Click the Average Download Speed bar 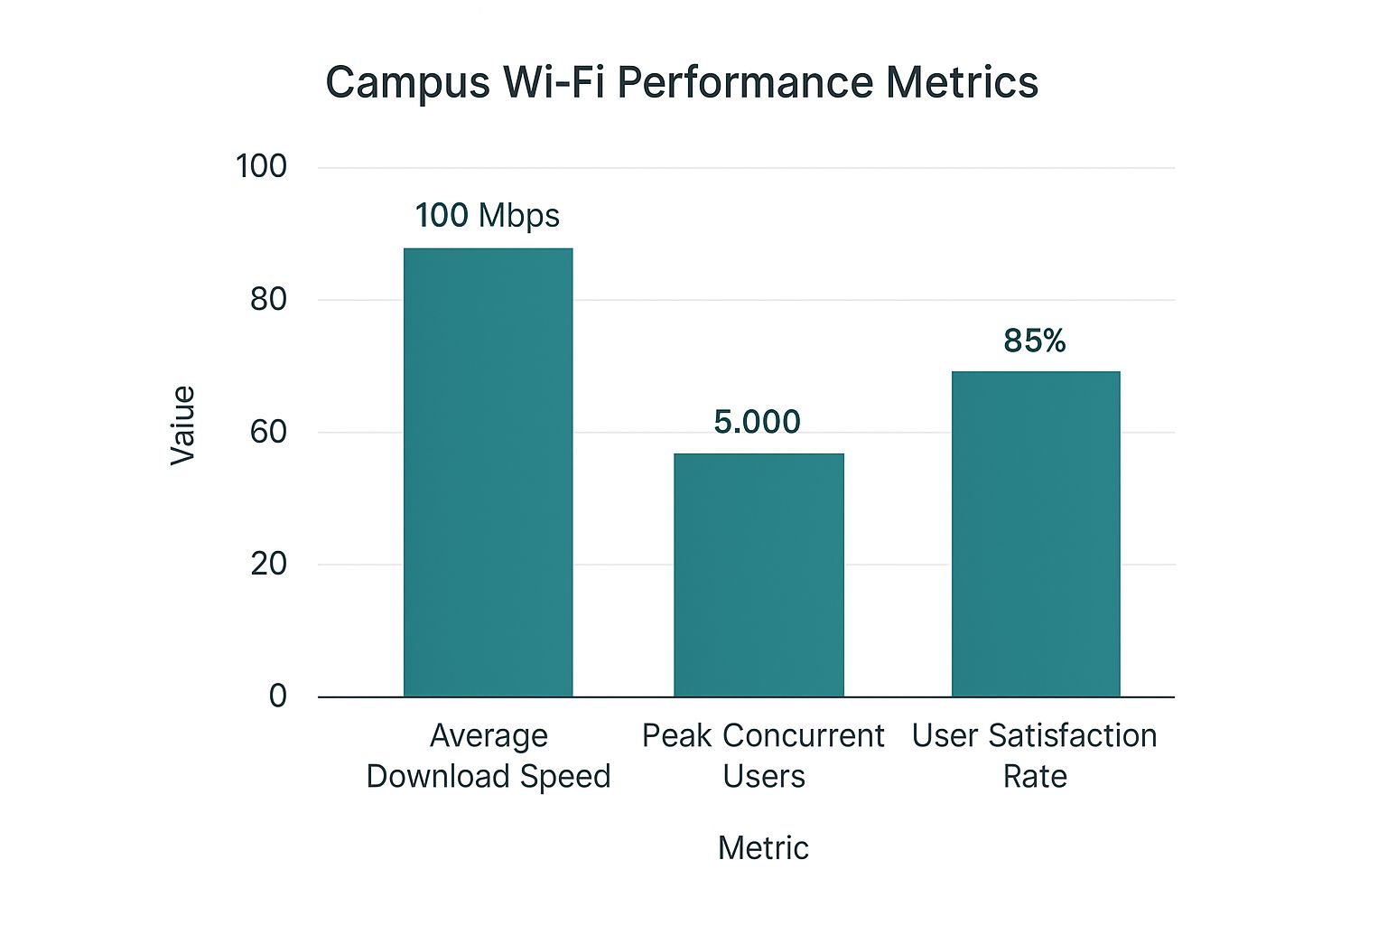pos(488,472)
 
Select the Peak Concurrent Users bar pos(759,575)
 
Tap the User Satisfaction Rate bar pos(1036,533)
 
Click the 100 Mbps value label pos(488,216)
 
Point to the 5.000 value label pos(757,422)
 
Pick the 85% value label pos(1035,341)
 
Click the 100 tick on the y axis pos(261,166)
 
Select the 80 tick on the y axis pos(268,299)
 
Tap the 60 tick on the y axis pos(268,432)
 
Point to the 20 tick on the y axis pos(268,564)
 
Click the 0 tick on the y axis pos(277,696)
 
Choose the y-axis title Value pos(183,425)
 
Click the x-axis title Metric pos(763,847)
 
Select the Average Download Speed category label pos(489,755)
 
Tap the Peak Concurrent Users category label pos(763,755)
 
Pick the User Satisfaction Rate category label pos(1035,755)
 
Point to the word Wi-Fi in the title pos(554,82)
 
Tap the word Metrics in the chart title pos(962,82)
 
